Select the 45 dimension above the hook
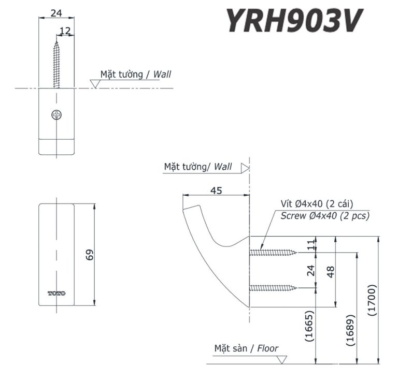(216, 190)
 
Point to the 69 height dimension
(90, 254)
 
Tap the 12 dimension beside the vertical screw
(65, 31)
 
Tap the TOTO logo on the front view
(56, 294)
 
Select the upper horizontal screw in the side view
(273, 253)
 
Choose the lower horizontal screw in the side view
(273, 288)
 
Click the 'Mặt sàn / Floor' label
(246, 348)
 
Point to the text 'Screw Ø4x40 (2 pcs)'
(324, 216)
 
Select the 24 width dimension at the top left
(57, 13)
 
